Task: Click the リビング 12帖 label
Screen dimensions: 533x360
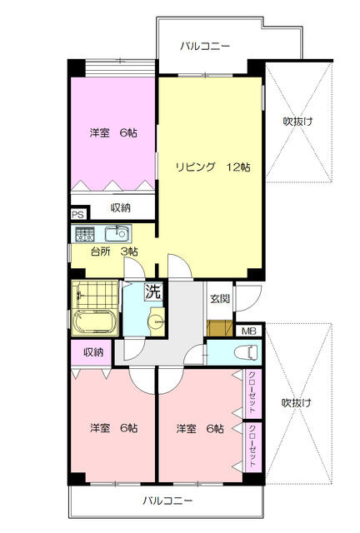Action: pyautogui.click(x=212, y=167)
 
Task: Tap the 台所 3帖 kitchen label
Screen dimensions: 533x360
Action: pyautogui.click(x=113, y=252)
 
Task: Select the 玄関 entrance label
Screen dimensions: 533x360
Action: pyautogui.click(x=220, y=298)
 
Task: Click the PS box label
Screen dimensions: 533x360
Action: pyautogui.click(x=77, y=213)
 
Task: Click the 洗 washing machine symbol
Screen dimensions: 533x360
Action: pyautogui.click(x=154, y=291)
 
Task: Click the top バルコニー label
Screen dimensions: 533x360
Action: pyautogui.click(x=205, y=46)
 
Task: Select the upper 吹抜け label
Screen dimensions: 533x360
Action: pyautogui.click(x=297, y=122)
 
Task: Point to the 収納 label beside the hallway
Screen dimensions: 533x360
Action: pyautogui.click(x=92, y=351)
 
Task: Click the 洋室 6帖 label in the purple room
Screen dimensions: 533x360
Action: pyautogui.click(x=113, y=132)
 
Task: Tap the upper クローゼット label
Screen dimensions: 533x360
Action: pyautogui.click(x=251, y=392)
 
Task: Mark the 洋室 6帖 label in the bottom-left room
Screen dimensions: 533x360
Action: pyautogui.click(x=113, y=428)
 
